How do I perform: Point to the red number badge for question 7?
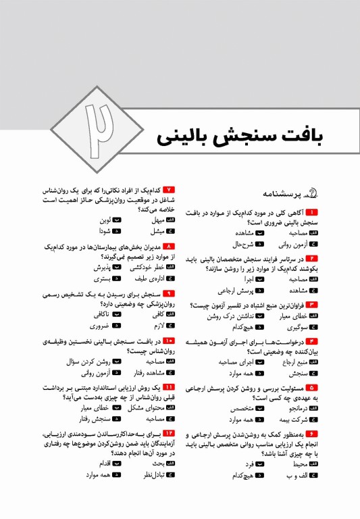pyautogui.click(x=169, y=190)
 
